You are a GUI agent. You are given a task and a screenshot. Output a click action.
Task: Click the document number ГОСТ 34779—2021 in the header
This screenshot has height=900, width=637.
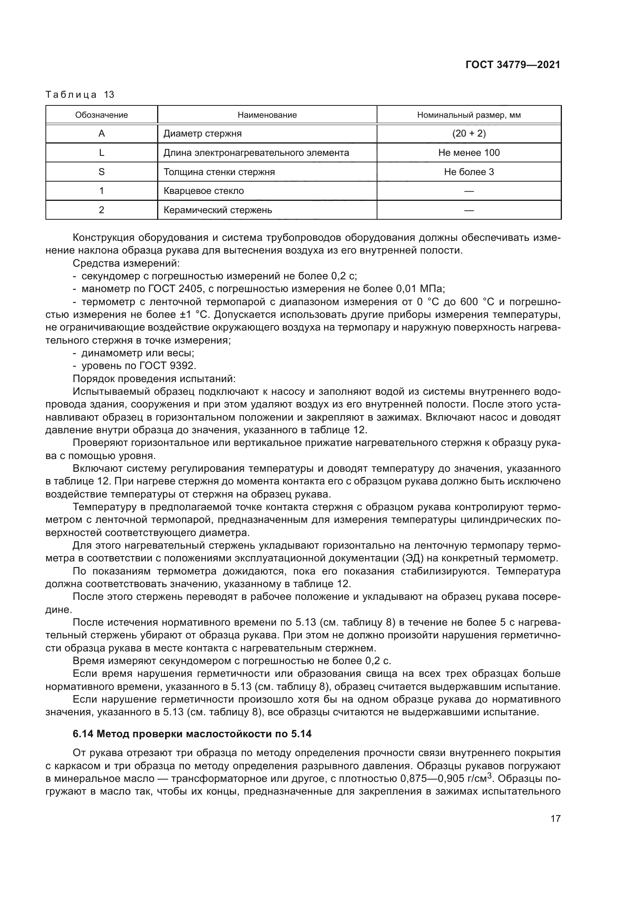(x=513, y=65)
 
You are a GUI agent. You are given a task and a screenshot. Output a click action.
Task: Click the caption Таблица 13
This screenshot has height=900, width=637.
(x=80, y=95)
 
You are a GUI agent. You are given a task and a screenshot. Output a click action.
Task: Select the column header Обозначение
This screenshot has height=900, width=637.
(x=102, y=115)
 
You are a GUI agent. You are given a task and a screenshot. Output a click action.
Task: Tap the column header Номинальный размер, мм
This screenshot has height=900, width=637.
(x=469, y=115)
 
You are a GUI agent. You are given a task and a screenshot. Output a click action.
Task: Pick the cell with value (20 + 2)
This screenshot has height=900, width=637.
(x=469, y=134)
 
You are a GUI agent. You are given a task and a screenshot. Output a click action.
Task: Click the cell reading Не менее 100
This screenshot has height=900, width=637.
(x=469, y=153)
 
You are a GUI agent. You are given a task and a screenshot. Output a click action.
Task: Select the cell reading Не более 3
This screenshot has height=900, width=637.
(x=469, y=172)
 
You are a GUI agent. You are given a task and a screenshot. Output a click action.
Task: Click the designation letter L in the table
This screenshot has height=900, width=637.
(x=102, y=153)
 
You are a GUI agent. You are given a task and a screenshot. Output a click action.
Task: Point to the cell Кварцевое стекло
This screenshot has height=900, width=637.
(x=204, y=191)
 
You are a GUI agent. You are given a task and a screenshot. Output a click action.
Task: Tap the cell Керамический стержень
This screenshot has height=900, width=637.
(x=218, y=210)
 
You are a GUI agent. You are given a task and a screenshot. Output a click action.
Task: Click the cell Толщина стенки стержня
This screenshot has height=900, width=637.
(x=219, y=172)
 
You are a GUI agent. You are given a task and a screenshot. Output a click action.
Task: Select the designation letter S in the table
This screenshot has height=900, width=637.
(x=102, y=172)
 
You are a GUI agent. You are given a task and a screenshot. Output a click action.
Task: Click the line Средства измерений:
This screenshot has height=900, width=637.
(x=126, y=264)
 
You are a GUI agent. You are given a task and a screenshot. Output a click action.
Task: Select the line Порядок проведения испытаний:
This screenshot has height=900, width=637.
(x=154, y=379)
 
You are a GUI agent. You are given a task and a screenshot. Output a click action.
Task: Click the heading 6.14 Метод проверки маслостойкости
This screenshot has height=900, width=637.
(x=192, y=733)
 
